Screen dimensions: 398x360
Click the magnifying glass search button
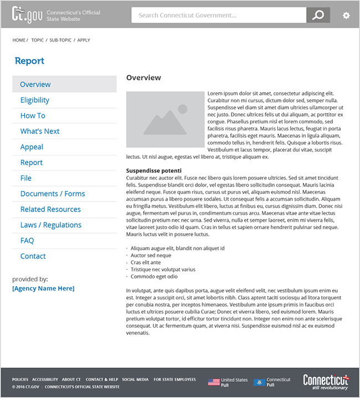[318, 15]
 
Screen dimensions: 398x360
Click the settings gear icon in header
[346, 15]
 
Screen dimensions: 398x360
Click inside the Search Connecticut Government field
[218, 15]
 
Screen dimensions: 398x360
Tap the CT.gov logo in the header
[27, 14]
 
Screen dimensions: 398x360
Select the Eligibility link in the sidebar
[35, 100]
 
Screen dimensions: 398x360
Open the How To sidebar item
[33, 116]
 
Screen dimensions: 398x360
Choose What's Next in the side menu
[40, 131]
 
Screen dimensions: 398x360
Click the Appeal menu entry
[32, 147]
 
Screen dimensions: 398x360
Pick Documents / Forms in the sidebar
[53, 194]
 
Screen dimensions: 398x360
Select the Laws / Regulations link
[51, 225]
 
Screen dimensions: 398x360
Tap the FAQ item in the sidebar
[27, 240]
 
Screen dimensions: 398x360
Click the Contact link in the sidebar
[33, 256]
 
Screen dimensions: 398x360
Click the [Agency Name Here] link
[43, 288]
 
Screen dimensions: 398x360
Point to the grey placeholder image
[165, 120]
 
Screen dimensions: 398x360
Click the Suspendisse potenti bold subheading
[154, 170]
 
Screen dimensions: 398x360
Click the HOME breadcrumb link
[19, 40]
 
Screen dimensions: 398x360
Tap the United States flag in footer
[214, 382]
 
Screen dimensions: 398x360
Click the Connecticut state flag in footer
[259, 382]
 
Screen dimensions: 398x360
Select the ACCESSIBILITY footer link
[45, 380]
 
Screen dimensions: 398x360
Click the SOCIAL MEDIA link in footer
[135, 380]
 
